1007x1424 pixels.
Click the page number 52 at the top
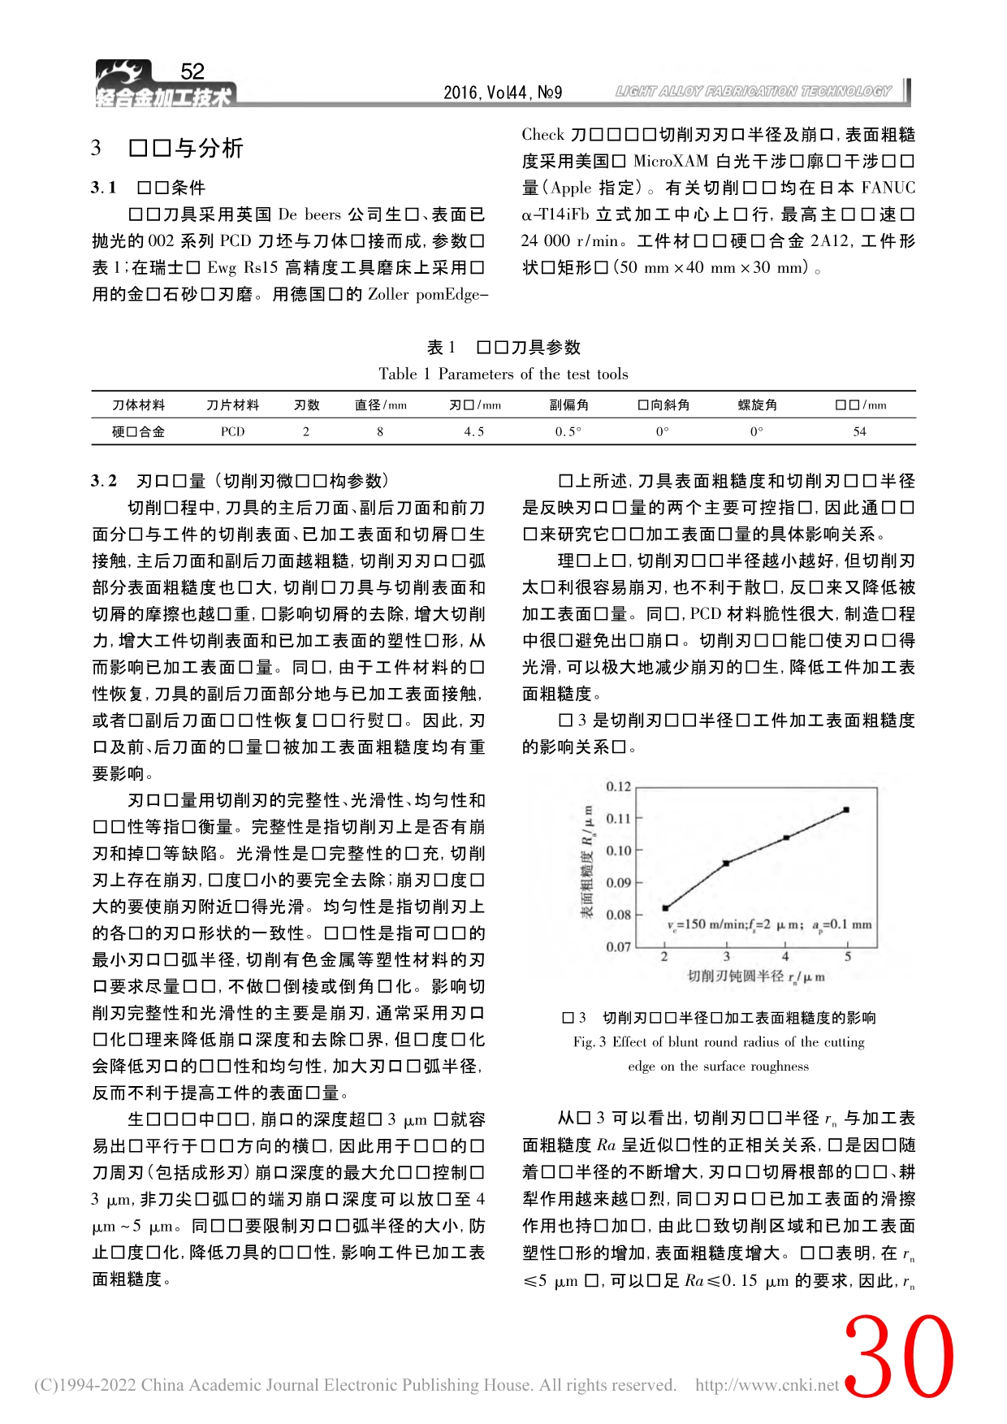pyautogui.click(x=192, y=71)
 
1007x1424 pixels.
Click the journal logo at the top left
pyautogui.click(x=162, y=86)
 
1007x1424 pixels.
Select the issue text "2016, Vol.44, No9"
pyautogui.click(x=503, y=93)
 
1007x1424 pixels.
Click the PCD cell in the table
pyautogui.click(x=232, y=432)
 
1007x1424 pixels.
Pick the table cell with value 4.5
pyautogui.click(x=474, y=432)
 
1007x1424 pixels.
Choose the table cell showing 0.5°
pyautogui.click(x=568, y=432)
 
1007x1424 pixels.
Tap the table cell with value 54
pyautogui.click(x=859, y=432)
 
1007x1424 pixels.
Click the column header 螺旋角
pyautogui.click(x=757, y=405)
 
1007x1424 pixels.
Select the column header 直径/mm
pyautogui.click(x=380, y=405)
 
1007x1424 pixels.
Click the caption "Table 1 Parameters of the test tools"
pyautogui.click(x=503, y=374)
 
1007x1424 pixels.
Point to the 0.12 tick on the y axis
pyautogui.click(x=619, y=786)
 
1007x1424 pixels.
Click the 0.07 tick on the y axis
pyautogui.click(x=619, y=946)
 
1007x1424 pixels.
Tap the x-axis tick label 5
pyautogui.click(x=848, y=957)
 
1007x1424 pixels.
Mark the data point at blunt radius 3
pyautogui.click(x=726, y=863)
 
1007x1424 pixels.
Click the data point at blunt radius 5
pyautogui.click(x=846, y=810)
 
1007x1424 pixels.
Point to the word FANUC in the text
pyautogui.click(x=888, y=188)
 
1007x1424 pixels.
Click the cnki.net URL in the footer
pyautogui.click(x=767, y=1385)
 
